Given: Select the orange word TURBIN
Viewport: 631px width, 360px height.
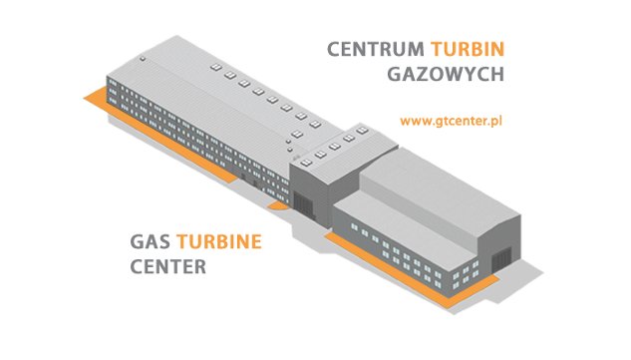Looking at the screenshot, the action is (468, 49).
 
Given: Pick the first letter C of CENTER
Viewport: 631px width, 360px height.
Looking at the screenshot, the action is (137, 267).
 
